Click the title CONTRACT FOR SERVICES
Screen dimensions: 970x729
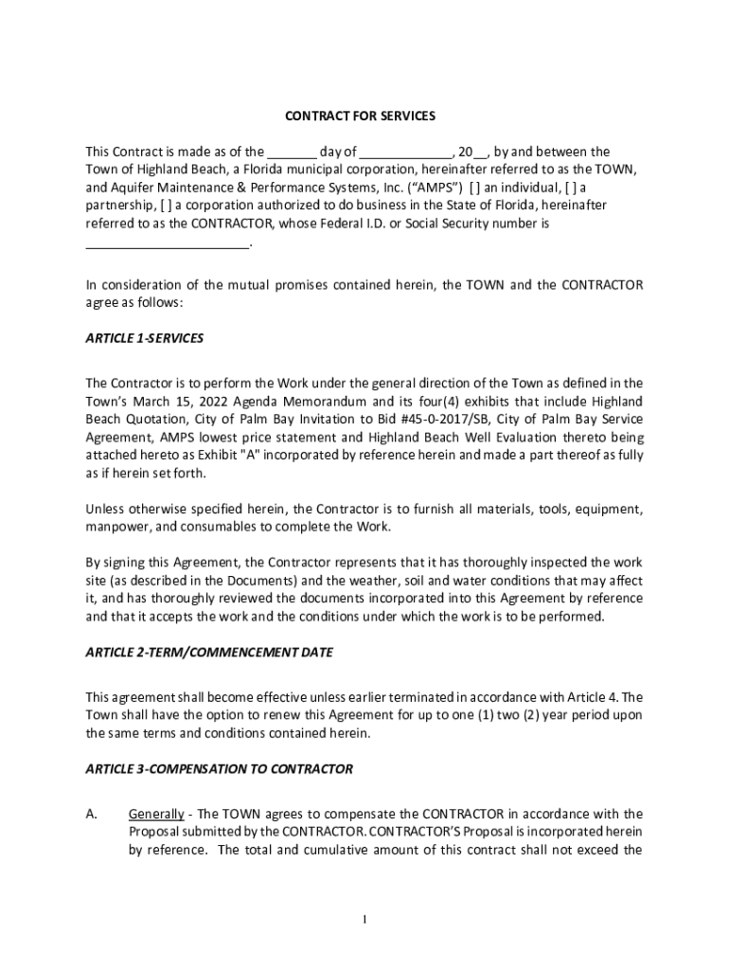[360, 116]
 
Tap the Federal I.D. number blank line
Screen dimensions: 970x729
[168, 243]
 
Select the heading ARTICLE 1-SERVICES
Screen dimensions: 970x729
[144, 338]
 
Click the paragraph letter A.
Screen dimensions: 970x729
[91, 814]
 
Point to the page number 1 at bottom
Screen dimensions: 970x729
[364, 920]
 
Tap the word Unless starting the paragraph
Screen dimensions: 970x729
[105, 509]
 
